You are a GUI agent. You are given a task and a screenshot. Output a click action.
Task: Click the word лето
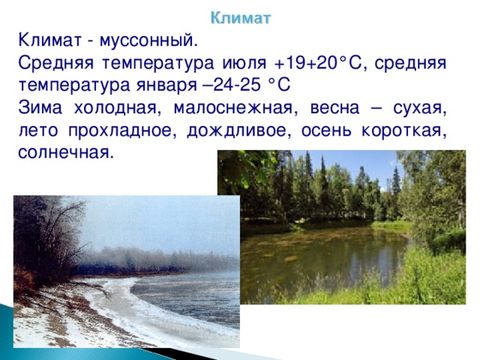[38, 130]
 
